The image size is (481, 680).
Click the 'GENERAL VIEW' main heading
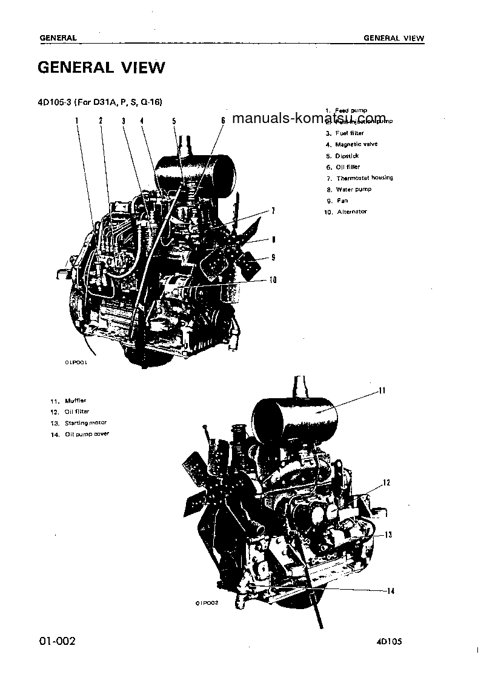(101, 67)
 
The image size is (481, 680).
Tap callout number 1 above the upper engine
(77, 121)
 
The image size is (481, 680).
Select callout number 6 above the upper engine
(222, 121)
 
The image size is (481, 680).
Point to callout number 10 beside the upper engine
(273, 280)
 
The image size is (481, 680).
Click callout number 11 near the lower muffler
(382, 391)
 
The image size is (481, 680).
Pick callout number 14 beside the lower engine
(390, 591)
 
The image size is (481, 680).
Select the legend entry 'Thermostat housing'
(363, 178)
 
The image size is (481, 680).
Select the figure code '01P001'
(76, 362)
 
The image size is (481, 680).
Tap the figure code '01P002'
(206, 603)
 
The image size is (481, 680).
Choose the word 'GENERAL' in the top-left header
(58, 38)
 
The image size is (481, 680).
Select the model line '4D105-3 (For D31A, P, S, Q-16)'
(100, 101)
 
